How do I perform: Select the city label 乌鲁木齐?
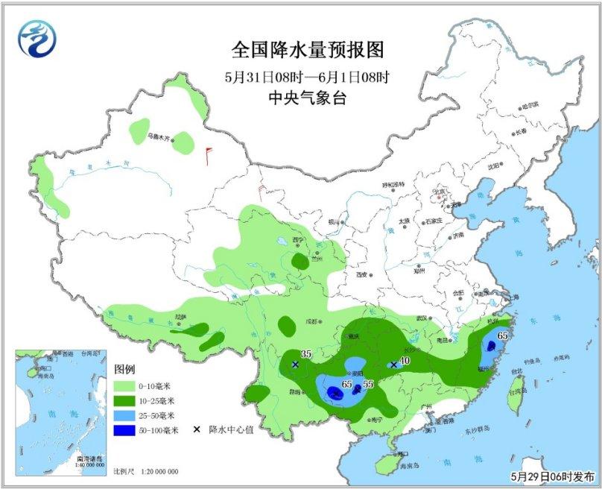(x=158, y=136)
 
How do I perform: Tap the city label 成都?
(x=311, y=321)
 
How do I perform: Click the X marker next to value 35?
(x=296, y=365)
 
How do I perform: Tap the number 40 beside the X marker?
(x=405, y=361)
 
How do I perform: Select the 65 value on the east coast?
(x=501, y=336)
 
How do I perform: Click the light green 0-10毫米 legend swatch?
(x=127, y=386)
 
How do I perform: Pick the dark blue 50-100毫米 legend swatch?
(x=127, y=430)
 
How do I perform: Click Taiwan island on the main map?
(x=515, y=399)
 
